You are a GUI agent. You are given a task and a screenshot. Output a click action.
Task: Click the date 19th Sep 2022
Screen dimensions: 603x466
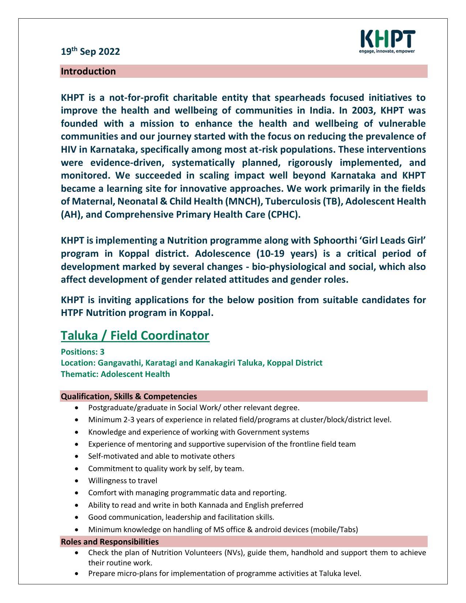tap(90, 51)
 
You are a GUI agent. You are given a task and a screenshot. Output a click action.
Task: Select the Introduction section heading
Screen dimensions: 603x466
tap(88, 71)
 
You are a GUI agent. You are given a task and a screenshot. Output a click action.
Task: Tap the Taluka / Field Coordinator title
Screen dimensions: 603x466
tap(135, 335)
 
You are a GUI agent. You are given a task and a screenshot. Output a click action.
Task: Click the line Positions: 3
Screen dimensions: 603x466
tap(83, 352)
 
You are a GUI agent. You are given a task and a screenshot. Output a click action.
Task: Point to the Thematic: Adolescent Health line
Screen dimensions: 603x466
tap(115, 374)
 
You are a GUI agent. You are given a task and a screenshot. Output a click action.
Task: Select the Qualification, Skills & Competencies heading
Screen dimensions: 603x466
tap(129, 396)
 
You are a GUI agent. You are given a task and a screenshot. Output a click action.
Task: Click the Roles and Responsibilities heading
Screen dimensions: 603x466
tap(110, 541)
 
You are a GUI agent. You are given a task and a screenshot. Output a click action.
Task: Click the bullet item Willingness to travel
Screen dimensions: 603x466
tap(122, 481)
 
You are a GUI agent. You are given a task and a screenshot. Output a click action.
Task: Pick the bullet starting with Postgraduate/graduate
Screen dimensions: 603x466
tap(194, 408)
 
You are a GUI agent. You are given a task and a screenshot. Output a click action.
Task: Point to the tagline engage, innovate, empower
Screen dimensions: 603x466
tap(387, 51)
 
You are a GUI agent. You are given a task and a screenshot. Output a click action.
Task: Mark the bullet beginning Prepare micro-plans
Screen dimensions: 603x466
tap(224, 573)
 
